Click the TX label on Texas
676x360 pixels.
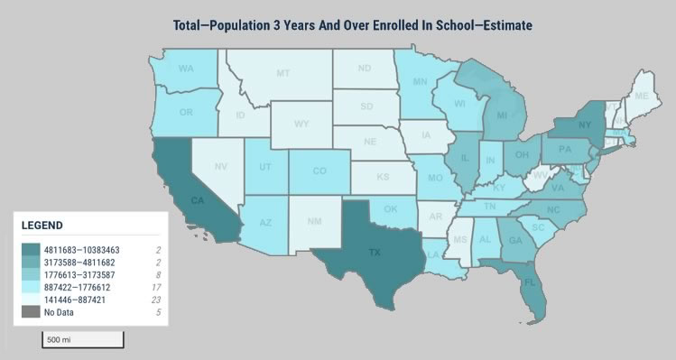374,254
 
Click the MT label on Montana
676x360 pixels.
283,73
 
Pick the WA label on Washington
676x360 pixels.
187,69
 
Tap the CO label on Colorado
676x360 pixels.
320,170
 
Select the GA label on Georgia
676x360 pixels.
515,240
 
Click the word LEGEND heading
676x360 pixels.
42,225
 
